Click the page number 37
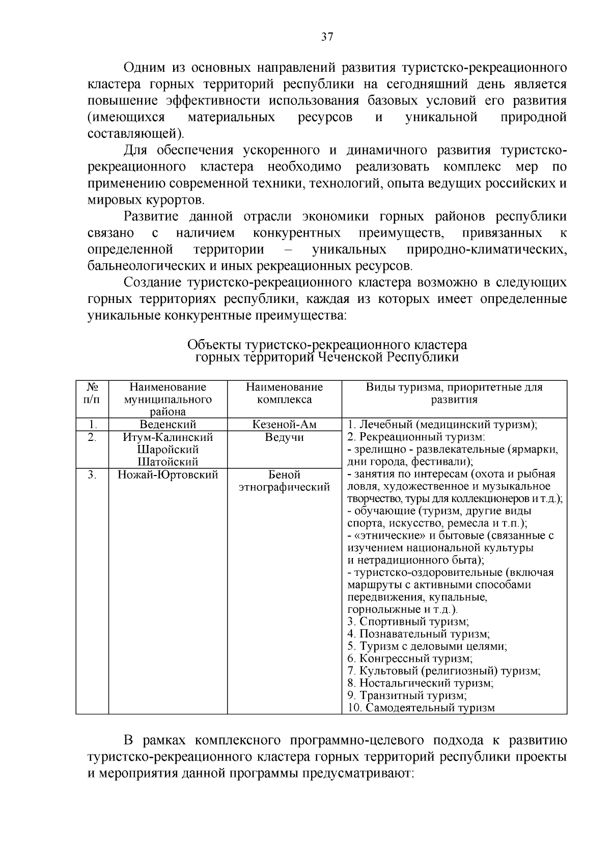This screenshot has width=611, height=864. click(x=327, y=37)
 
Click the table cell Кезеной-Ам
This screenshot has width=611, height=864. click(x=284, y=425)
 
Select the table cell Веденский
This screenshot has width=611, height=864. click(x=168, y=425)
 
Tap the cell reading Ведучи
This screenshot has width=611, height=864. click(x=284, y=437)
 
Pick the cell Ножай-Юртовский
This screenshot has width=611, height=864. click(x=168, y=475)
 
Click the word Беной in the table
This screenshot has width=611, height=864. click(x=284, y=475)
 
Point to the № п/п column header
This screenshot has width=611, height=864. click(x=92, y=393)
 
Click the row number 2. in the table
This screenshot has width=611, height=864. click(x=92, y=437)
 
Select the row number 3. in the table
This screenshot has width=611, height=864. click(x=92, y=475)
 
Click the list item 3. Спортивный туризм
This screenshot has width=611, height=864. click(x=408, y=622)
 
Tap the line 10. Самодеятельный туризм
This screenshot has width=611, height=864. click(x=421, y=708)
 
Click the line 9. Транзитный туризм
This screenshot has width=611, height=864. click(x=407, y=695)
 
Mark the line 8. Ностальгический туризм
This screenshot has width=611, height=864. click(x=420, y=683)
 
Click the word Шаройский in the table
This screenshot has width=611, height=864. click(x=168, y=450)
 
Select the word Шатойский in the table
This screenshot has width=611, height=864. click(x=168, y=462)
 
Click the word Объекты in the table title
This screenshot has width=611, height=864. click(x=214, y=346)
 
